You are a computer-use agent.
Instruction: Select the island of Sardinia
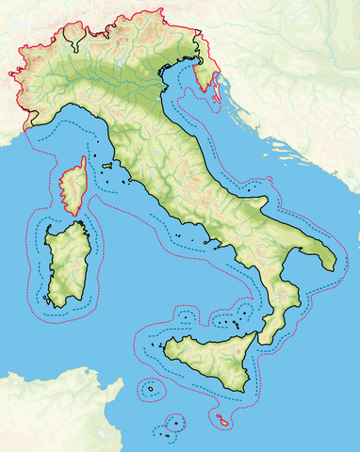pos(66,264)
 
